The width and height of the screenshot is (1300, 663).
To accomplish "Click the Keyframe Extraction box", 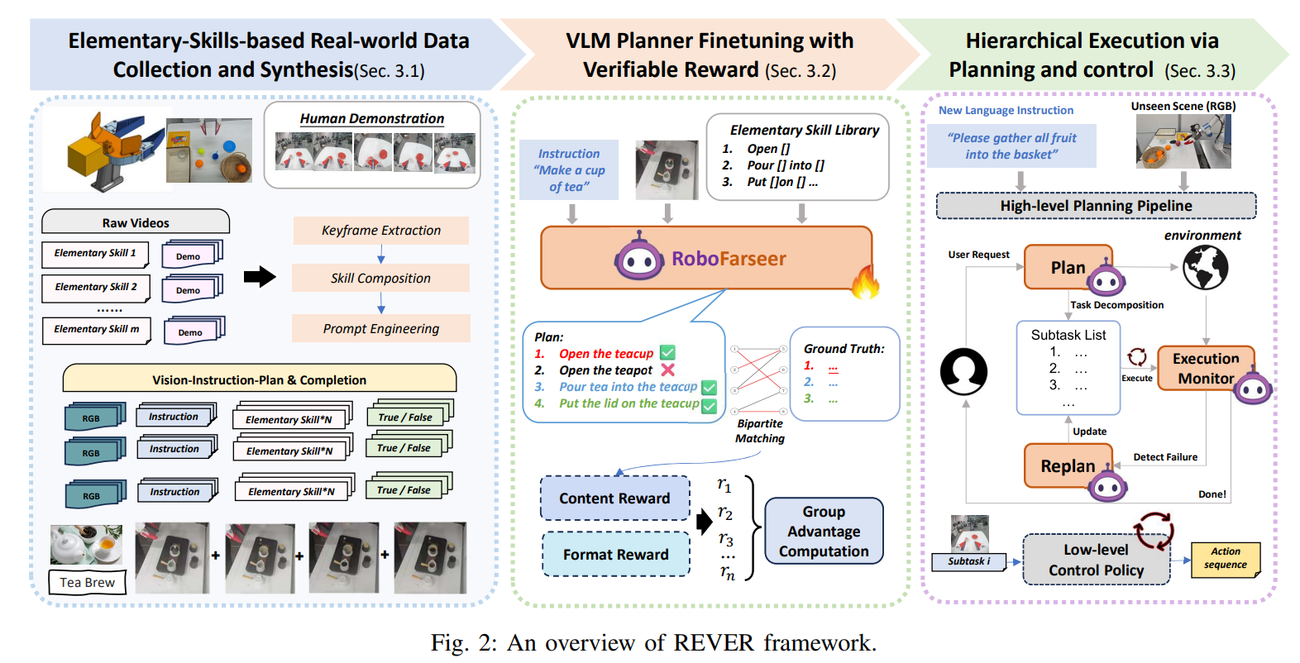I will tap(380, 231).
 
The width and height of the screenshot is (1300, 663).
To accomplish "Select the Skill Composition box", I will tap(380, 279).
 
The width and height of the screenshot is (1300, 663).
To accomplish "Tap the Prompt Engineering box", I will tap(380, 329).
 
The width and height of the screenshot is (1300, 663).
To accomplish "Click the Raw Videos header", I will tap(136, 222).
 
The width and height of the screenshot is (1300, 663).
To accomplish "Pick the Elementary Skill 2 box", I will tap(95, 287).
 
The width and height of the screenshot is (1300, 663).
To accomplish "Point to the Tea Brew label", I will tap(87, 582).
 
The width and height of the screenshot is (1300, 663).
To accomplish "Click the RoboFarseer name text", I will tap(728, 259).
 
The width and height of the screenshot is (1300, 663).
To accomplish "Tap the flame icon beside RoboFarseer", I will tap(865, 282).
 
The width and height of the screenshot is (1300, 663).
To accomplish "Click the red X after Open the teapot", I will tap(668, 370).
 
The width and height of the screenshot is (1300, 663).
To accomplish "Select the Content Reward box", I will tap(614, 498).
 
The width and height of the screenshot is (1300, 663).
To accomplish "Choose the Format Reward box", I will tap(615, 554).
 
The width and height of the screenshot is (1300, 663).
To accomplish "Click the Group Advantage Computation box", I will tap(824, 531).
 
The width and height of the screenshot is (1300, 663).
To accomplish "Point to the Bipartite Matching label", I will tap(760, 431).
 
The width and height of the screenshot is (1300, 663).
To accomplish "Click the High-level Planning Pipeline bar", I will tap(1096, 206).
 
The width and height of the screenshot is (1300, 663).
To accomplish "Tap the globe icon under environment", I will tap(1205, 268).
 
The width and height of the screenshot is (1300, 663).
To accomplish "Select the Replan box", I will tap(1068, 466).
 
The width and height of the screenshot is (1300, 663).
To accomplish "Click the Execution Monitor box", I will tap(1205, 368).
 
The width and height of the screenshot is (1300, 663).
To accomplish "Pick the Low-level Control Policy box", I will tap(1096, 560).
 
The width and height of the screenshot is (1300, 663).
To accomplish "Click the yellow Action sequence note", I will tap(1225, 558).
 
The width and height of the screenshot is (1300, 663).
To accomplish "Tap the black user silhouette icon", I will tap(963, 371).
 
